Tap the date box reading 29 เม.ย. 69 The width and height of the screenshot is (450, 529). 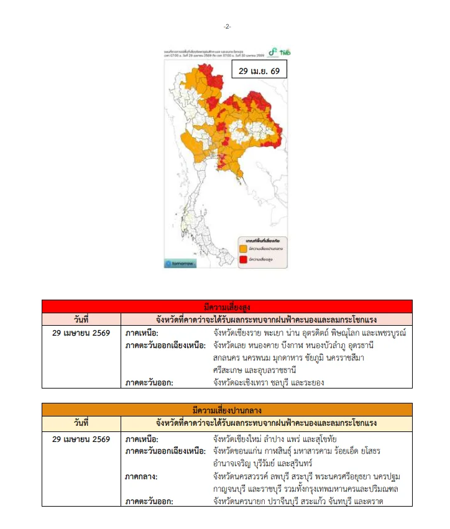[x=259, y=71]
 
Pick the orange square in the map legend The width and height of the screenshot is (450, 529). [x=243, y=247]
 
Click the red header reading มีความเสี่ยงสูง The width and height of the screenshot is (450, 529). [x=227, y=306]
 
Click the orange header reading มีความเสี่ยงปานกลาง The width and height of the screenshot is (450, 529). [x=227, y=410]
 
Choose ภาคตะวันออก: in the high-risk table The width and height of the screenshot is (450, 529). [x=149, y=382]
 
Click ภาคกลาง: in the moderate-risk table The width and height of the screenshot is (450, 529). [x=142, y=477]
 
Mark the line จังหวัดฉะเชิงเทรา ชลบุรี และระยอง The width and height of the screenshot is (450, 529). [x=269, y=382]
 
